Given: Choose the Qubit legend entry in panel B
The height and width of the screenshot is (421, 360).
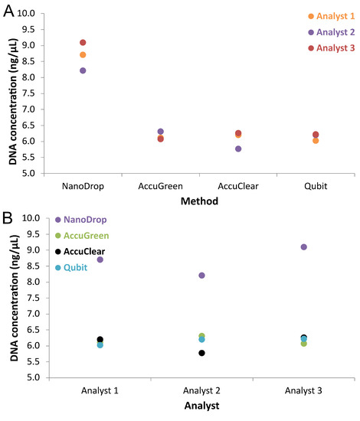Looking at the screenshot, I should (x=76, y=267).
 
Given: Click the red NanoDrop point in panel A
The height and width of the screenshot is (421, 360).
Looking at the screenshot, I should (x=83, y=43).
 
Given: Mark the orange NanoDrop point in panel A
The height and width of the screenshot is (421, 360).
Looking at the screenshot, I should (x=83, y=55).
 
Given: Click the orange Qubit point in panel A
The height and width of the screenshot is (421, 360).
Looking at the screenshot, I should (x=316, y=141).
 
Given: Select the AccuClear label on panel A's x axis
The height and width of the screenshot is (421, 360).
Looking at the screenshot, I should (x=238, y=186).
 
